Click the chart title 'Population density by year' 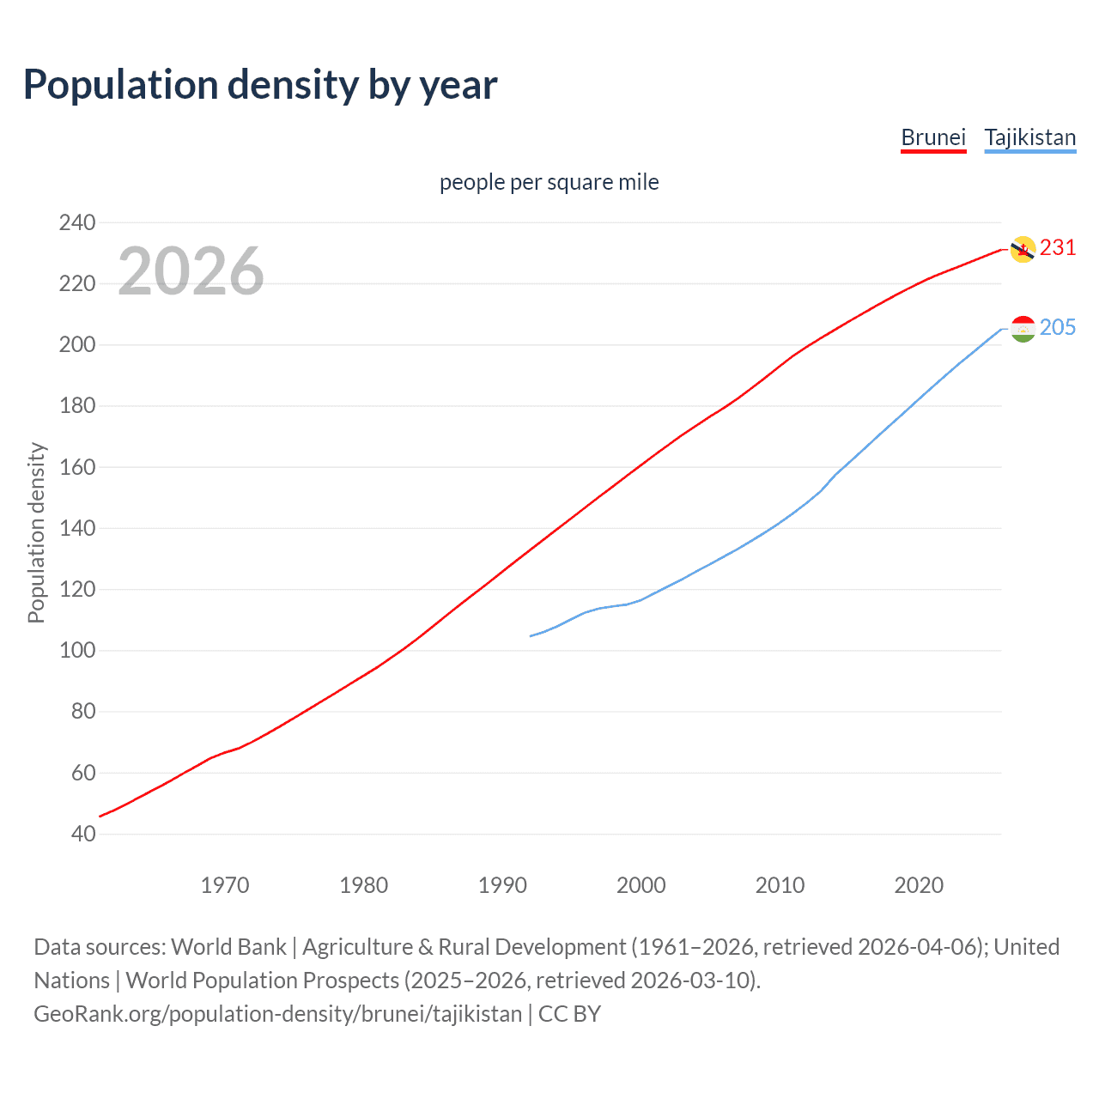point(260,85)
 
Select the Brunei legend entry point(933,137)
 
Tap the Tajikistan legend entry point(1029,137)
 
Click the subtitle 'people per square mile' point(549,182)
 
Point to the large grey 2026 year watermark point(191,271)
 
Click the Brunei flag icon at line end point(1022,249)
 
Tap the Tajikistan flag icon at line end point(1023,329)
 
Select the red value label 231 point(1057,248)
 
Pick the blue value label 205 point(1057,328)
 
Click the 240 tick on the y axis point(77,223)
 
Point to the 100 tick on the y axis point(77,651)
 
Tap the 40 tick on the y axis point(83,834)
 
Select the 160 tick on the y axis point(77,467)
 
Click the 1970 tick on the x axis point(225,885)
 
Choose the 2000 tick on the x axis point(641,885)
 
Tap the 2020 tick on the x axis point(919,885)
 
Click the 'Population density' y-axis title point(36,532)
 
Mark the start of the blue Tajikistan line point(531,636)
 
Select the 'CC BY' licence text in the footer point(569,1014)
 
